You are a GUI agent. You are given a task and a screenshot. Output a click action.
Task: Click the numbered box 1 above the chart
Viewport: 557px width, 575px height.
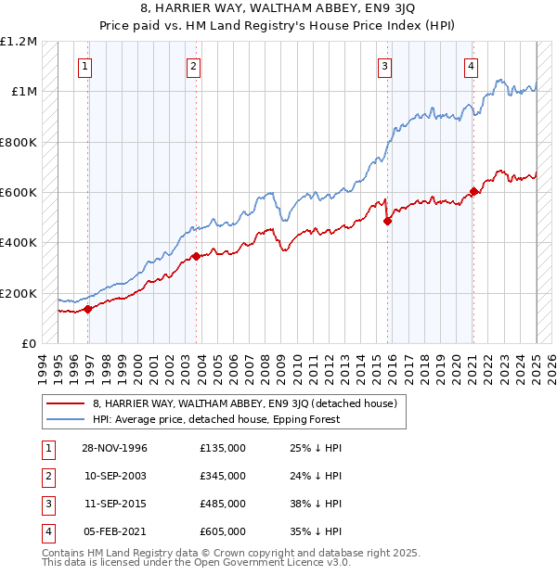click(84, 65)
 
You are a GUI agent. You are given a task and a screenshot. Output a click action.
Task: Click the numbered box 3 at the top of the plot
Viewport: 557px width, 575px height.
click(384, 65)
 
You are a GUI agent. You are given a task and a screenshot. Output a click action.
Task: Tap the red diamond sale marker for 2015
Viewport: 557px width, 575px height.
click(387, 221)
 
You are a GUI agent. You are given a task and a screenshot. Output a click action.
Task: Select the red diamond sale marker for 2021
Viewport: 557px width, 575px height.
click(473, 191)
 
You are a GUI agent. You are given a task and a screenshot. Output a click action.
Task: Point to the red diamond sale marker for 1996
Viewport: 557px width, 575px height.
click(88, 309)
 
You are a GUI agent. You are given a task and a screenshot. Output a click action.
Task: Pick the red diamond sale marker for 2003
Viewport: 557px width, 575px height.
click(196, 256)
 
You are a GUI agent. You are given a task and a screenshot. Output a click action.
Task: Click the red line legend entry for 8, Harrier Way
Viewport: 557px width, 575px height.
click(245, 403)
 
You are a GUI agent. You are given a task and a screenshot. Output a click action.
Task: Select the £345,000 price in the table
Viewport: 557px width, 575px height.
click(223, 476)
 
